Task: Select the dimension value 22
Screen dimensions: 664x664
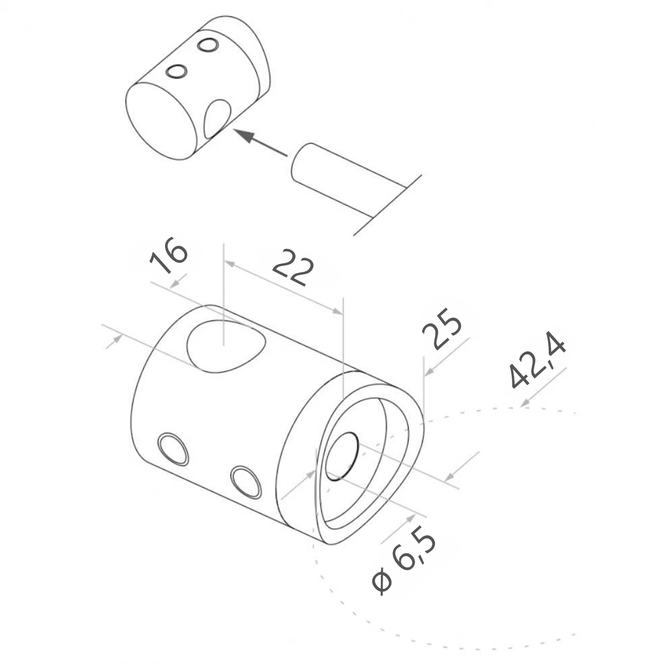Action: click(293, 268)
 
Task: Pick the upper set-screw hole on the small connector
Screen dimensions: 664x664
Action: click(208, 45)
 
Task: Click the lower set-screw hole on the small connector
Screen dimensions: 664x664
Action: click(176, 71)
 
